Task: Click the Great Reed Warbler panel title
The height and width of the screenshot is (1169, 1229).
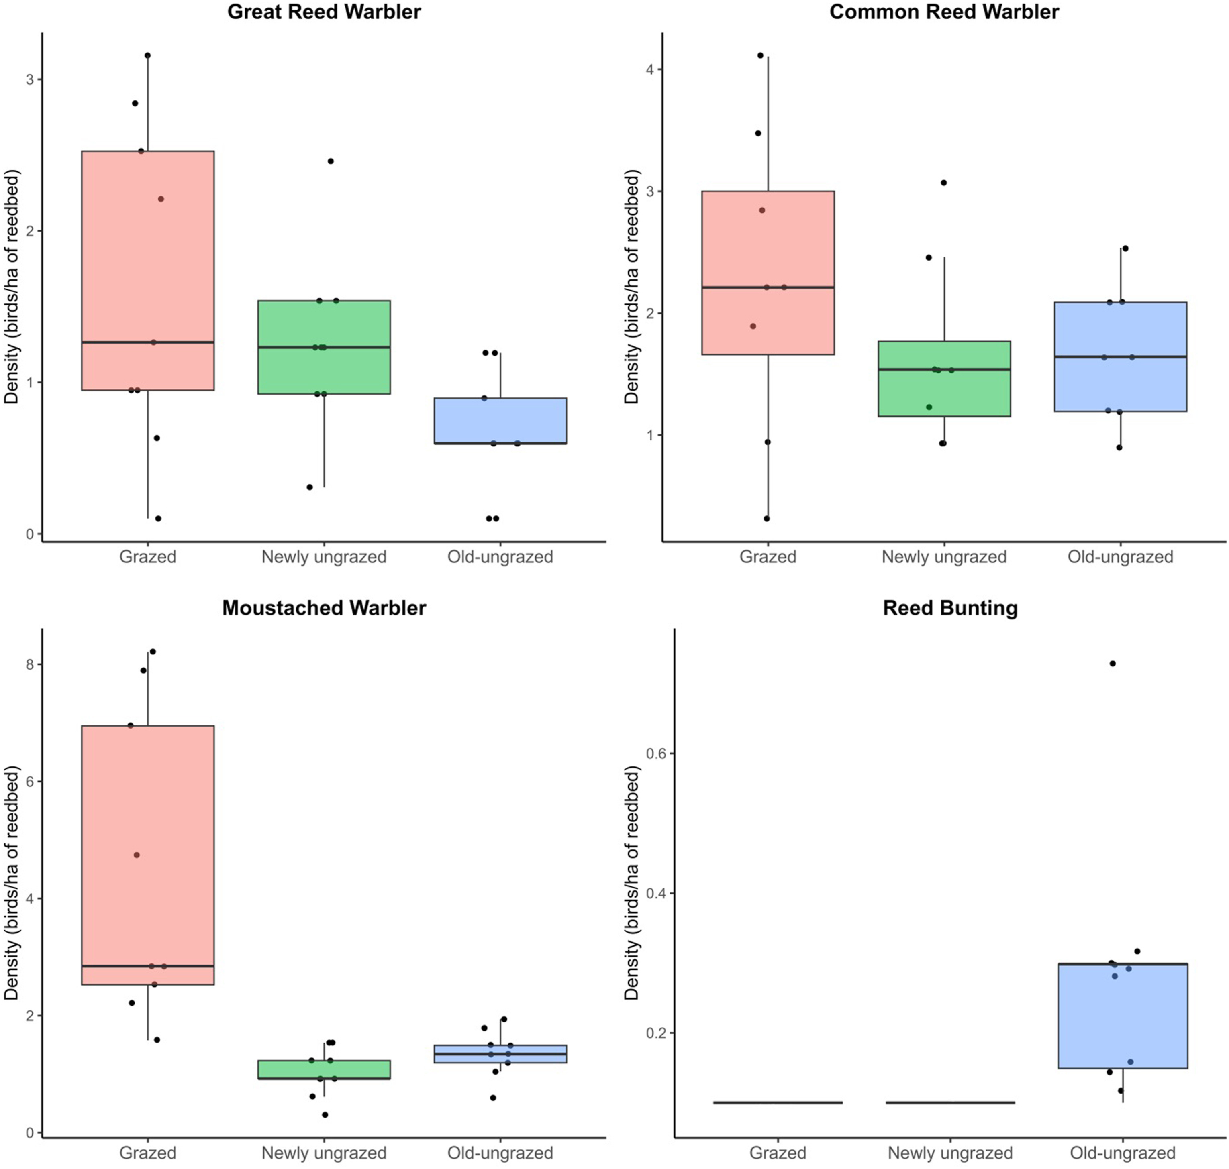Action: tap(324, 12)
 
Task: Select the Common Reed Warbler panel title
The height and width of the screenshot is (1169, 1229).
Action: tap(943, 12)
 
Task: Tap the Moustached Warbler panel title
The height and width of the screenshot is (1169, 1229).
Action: tap(324, 607)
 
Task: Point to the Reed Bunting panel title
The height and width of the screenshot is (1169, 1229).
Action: tap(949, 607)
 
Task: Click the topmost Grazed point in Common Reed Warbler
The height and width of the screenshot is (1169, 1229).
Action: tap(761, 55)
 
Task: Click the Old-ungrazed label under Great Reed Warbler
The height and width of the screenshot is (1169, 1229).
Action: tap(500, 556)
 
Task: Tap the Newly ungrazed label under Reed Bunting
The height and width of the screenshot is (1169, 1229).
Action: tap(949, 1153)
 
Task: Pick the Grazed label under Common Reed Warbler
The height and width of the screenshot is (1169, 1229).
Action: tap(768, 556)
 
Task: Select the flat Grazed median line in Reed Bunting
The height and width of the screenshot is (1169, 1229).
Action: tap(778, 1102)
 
